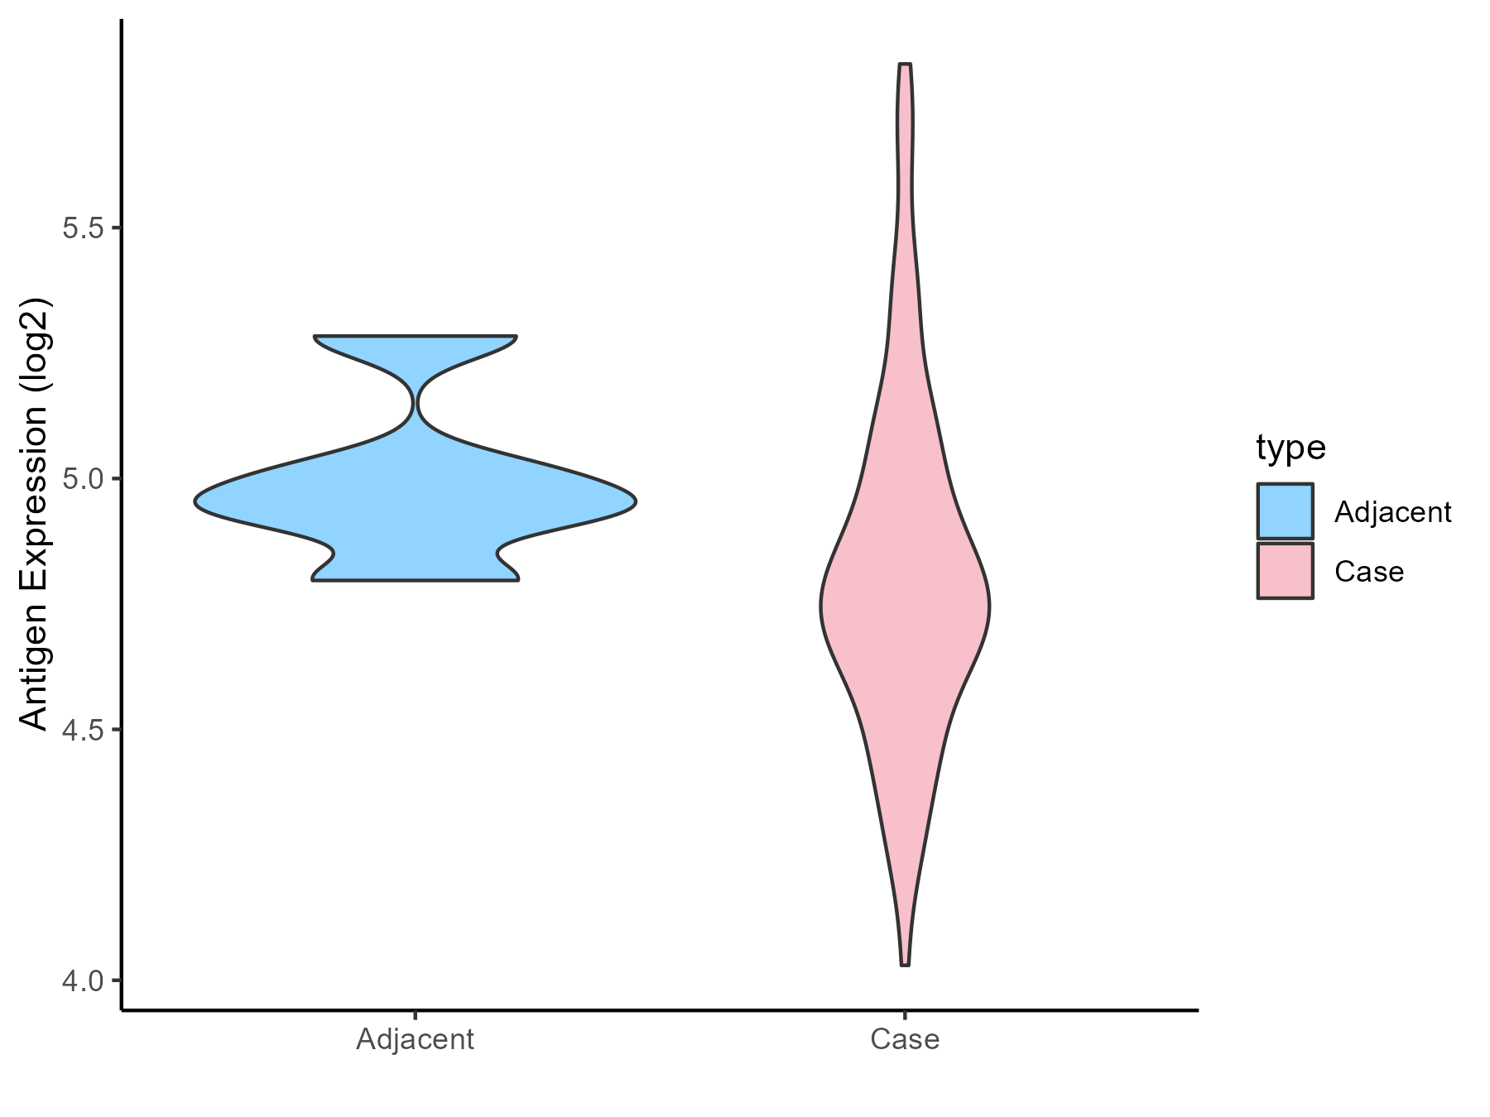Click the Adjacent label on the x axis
pyautogui.click(x=415, y=1039)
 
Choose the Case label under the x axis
pyautogui.click(x=905, y=1039)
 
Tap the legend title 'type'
pyautogui.click(x=1291, y=448)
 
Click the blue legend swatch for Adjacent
pyautogui.click(x=1285, y=511)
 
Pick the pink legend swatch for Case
pyautogui.click(x=1285, y=571)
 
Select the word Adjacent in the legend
pyautogui.click(x=1392, y=513)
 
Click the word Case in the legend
pyautogui.click(x=1369, y=572)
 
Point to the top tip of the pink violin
pyautogui.click(x=905, y=65)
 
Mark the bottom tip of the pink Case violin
pyautogui.click(x=905, y=964)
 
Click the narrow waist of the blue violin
pyautogui.click(x=416, y=404)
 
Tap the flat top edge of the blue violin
pyautogui.click(x=416, y=337)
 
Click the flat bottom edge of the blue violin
pyautogui.click(x=416, y=580)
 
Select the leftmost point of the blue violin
pyautogui.click(x=196, y=501)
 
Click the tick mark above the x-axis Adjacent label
pyautogui.click(x=415, y=1015)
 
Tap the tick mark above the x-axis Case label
pyautogui.click(x=905, y=1015)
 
